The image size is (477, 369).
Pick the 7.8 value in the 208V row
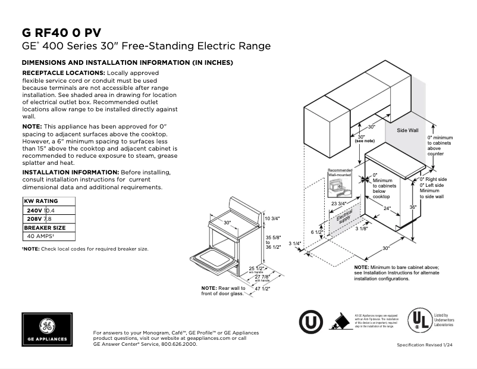[x=48, y=219]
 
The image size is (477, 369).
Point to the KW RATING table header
[x=42, y=202]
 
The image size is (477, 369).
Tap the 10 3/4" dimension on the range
[x=272, y=218]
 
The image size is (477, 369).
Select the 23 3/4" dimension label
[x=338, y=204]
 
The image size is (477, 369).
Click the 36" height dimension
[x=412, y=207]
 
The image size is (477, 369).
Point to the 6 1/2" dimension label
[x=317, y=232]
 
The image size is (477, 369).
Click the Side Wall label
[x=407, y=129]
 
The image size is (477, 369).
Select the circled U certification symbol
[x=309, y=321]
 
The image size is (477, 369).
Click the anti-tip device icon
[x=338, y=321]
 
